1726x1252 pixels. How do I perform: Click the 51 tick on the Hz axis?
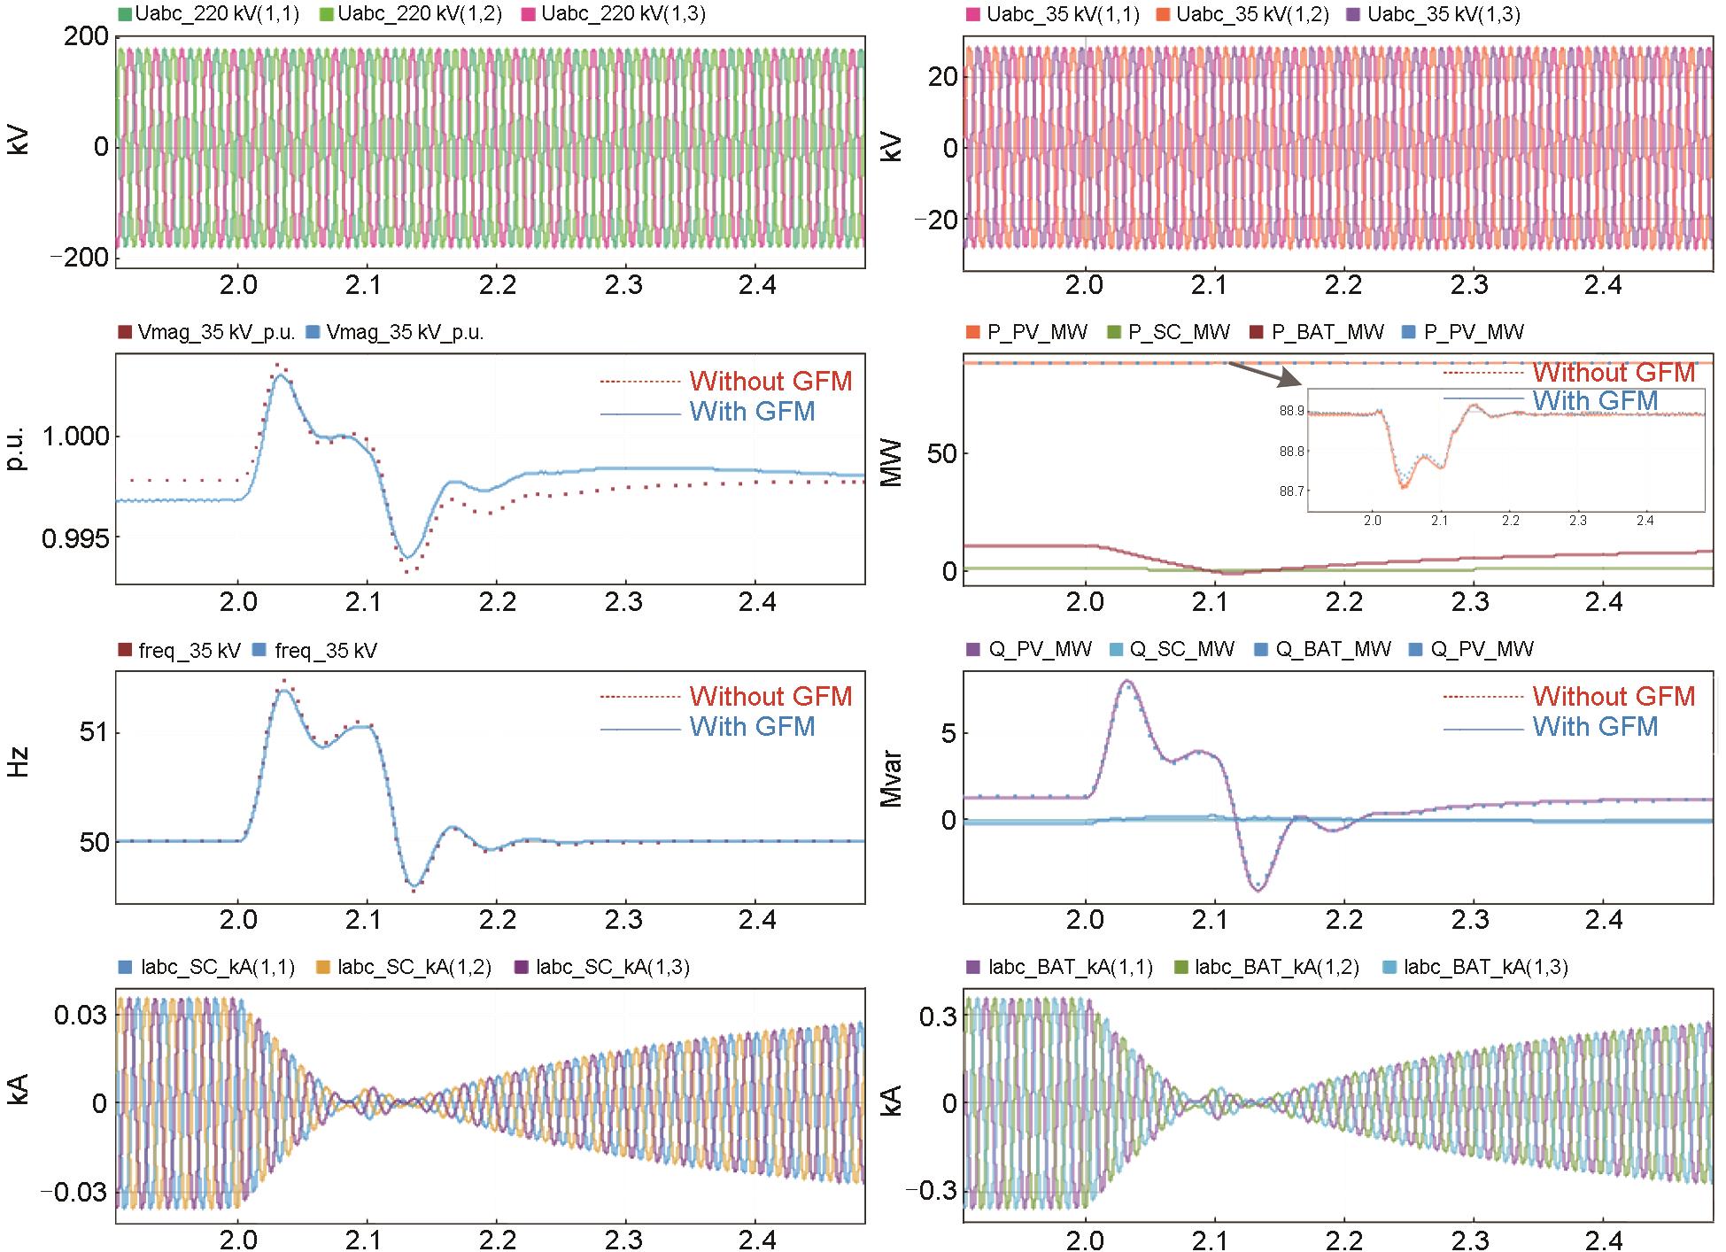point(92,733)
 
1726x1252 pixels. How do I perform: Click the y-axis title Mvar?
point(892,778)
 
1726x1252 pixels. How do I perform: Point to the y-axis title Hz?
point(19,762)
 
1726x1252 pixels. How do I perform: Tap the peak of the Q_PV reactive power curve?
point(1126,682)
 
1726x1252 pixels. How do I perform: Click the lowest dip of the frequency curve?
point(413,885)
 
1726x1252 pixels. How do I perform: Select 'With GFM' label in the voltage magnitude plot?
point(752,412)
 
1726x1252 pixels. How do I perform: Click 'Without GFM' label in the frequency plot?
point(770,697)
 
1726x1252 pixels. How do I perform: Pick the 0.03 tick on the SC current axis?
point(81,1015)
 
